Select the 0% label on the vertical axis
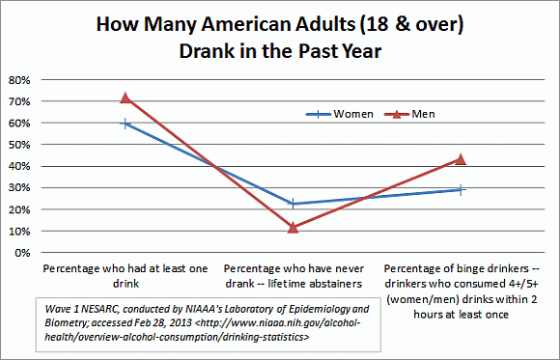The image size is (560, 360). tap(19, 253)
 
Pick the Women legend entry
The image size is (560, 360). tap(321, 114)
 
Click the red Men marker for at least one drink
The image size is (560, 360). tap(124, 97)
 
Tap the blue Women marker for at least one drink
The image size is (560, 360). tap(124, 124)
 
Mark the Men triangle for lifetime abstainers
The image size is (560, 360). tap(293, 228)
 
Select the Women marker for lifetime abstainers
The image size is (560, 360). tap(293, 204)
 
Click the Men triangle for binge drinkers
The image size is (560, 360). tap(462, 159)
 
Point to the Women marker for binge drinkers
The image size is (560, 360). tap(462, 190)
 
